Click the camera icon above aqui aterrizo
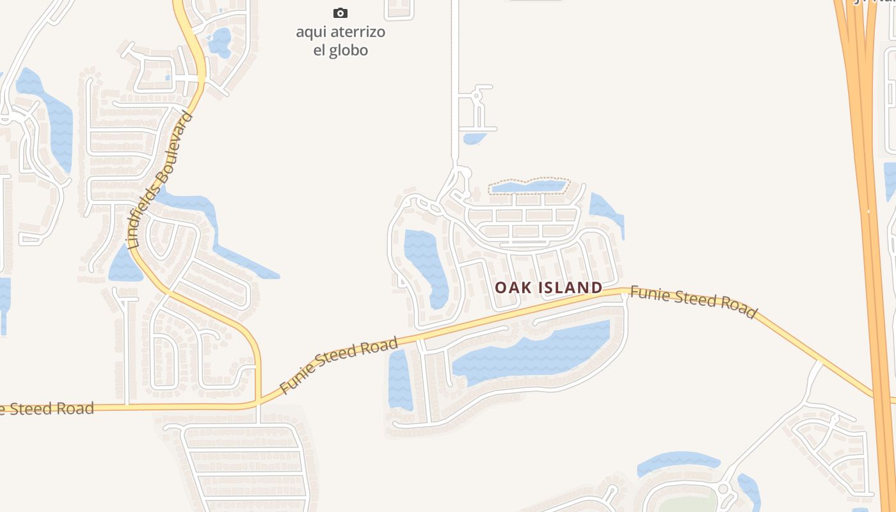click(x=340, y=13)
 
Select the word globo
click(x=349, y=51)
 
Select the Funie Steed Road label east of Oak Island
click(x=694, y=302)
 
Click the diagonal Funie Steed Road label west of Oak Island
click(x=339, y=365)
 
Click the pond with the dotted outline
click(x=529, y=186)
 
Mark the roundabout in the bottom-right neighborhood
click(x=724, y=490)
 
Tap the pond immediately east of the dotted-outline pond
click(x=605, y=211)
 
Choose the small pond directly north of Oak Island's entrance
click(x=474, y=138)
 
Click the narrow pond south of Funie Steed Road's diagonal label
click(x=399, y=381)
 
